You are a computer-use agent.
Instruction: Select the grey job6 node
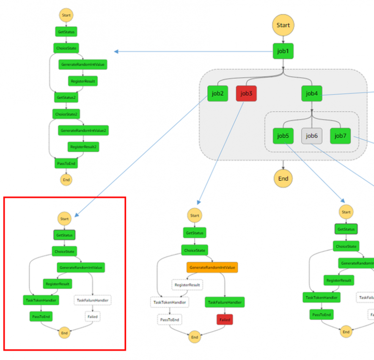click(x=311, y=136)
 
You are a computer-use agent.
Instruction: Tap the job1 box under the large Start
click(x=283, y=51)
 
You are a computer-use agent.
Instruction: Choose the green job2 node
click(x=217, y=93)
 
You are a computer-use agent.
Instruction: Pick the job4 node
click(x=311, y=93)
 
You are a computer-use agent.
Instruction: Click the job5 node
click(x=283, y=136)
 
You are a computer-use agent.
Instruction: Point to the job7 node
click(x=340, y=136)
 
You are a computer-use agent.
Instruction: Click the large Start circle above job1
click(x=283, y=25)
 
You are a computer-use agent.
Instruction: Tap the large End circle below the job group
click(x=283, y=178)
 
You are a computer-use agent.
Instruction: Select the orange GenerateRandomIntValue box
click(x=212, y=267)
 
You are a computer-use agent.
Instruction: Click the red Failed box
click(x=225, y=319)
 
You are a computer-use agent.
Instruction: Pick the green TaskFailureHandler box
click(x=225, y=302)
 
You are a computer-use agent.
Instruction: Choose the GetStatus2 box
click(x=66, y=97)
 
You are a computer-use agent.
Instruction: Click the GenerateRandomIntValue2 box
click(x=83, y=130)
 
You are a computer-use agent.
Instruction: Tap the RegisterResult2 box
click(x=83, y=147)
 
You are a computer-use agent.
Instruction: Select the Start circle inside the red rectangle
click(x=64, y=219)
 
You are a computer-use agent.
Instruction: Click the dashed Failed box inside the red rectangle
click(x=92, y=316)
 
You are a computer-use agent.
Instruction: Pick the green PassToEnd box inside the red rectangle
click(x=41, y=316)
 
